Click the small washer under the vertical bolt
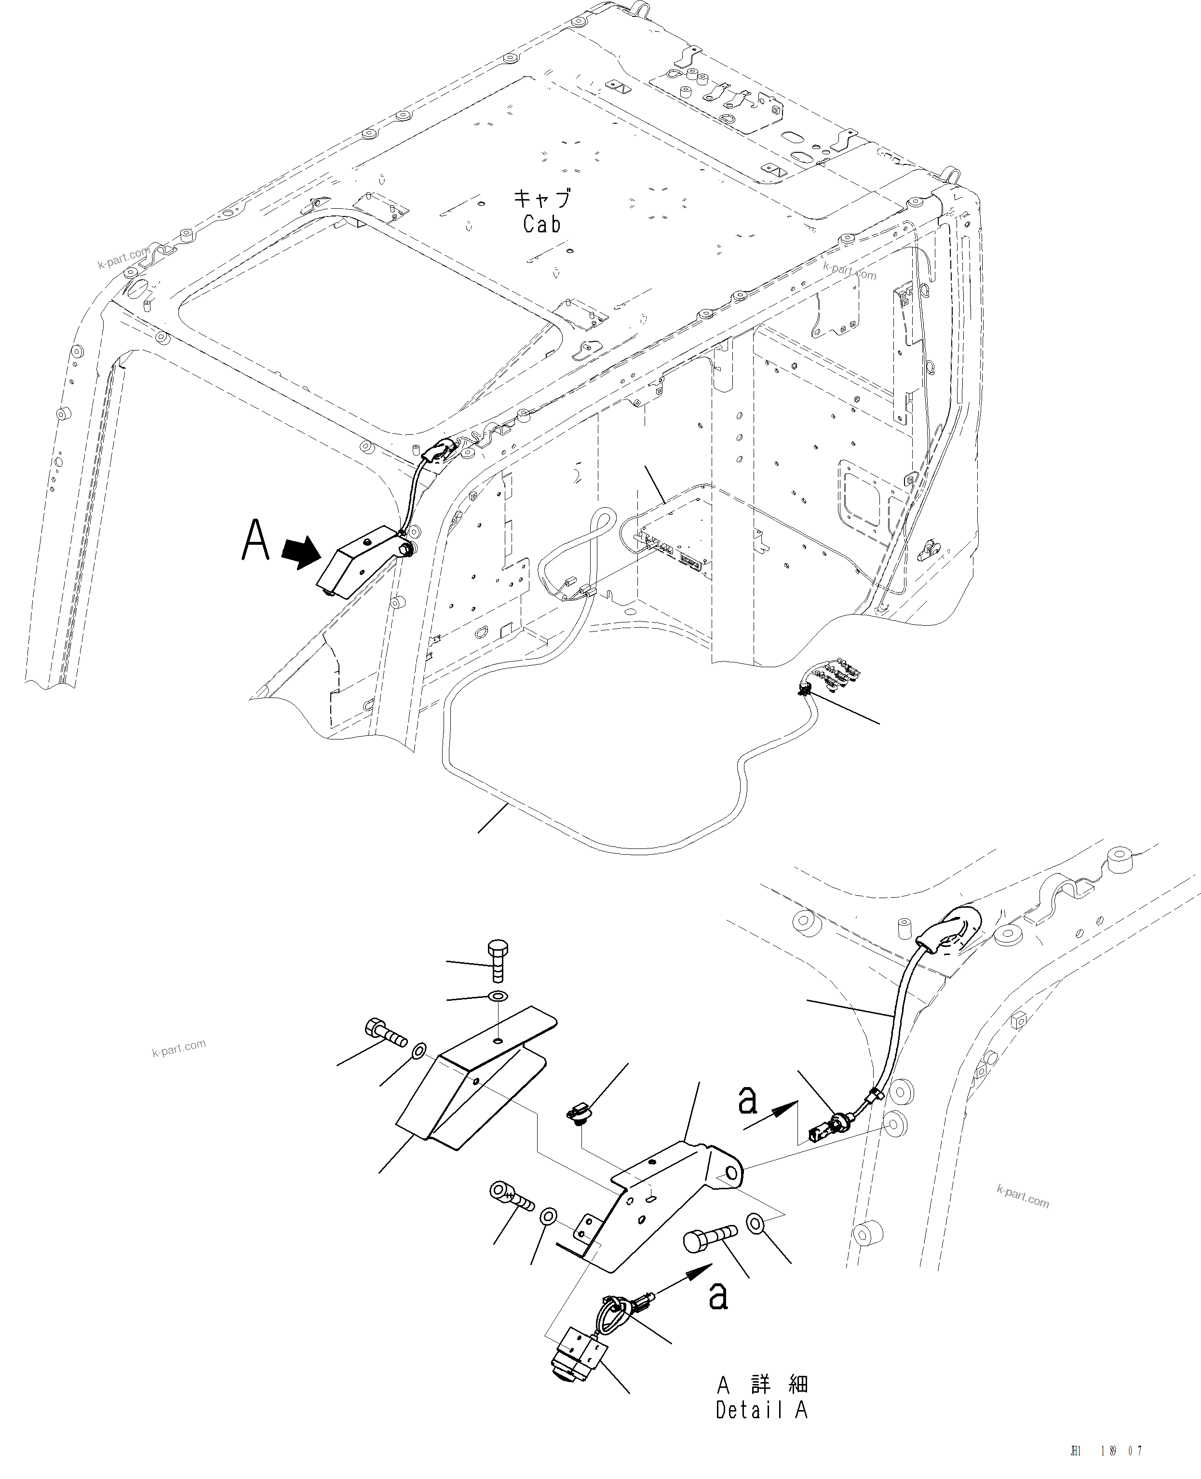click(497, 996)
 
